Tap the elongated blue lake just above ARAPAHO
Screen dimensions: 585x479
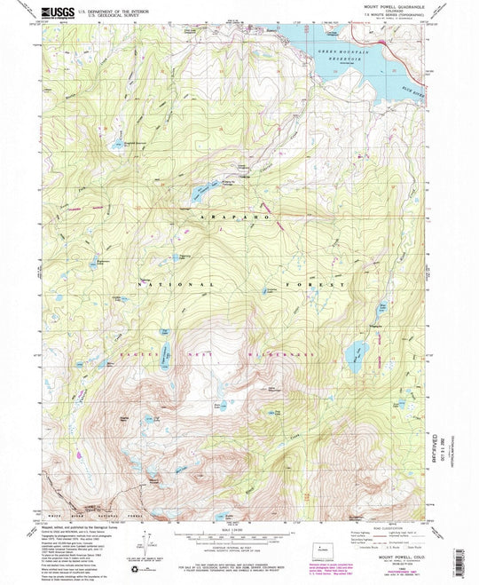click(x=203, y=191)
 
